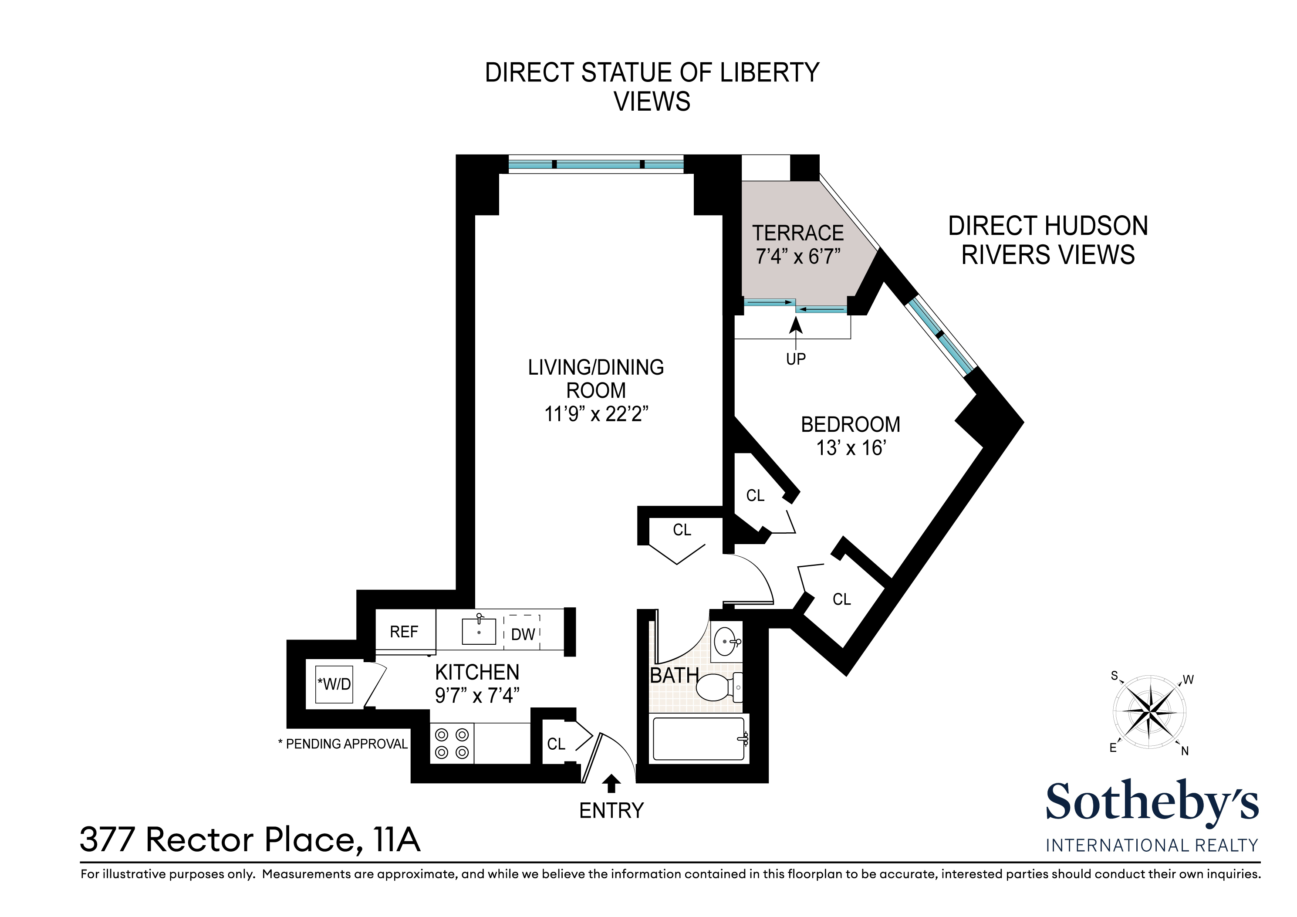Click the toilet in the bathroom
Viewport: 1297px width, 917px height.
(719, 687)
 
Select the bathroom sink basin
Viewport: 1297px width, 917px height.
(726, 642)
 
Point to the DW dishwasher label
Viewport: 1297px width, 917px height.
(523, 635)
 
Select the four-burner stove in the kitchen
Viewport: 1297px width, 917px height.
(452, 744)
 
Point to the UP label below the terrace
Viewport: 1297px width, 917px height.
(796, 359)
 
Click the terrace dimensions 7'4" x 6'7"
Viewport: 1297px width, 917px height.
(798, 257)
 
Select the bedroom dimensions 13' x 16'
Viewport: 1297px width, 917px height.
(851, 448)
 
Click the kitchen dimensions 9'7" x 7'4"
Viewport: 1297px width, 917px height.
(477, 696)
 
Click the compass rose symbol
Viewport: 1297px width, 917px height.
(1149, 712)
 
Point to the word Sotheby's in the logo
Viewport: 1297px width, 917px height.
(1152, 802)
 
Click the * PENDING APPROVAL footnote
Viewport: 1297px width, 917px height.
(343, 744)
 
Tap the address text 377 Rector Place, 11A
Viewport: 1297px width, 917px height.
(250, 840)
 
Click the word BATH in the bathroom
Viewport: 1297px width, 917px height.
(675, 675)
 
